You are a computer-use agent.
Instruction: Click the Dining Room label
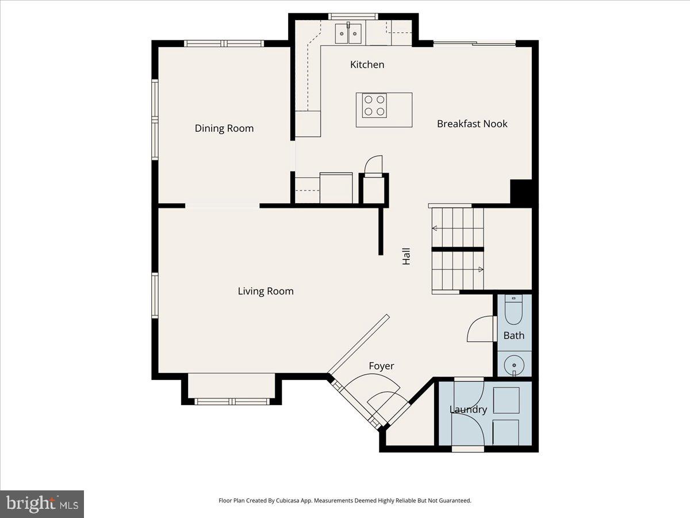click(224, 128)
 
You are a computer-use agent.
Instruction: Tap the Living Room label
click(266, 291)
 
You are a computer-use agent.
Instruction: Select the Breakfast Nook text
click(472, 124)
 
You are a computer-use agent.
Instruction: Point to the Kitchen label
click(367, 64)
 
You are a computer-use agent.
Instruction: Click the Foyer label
click(381, 366)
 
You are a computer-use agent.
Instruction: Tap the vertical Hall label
click(407, 256)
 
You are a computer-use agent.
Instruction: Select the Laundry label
click(468, 409)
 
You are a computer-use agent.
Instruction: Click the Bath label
click(513, 335)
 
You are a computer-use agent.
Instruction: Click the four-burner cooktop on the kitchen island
click(374, 106)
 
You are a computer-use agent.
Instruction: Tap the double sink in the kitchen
click(348, 33)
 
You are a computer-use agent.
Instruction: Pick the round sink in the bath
click(513, 365)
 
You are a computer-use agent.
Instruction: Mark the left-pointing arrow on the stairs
click(435, 228)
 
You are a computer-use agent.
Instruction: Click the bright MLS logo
click(42, 504)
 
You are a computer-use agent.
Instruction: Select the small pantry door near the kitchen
click(373, 165)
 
